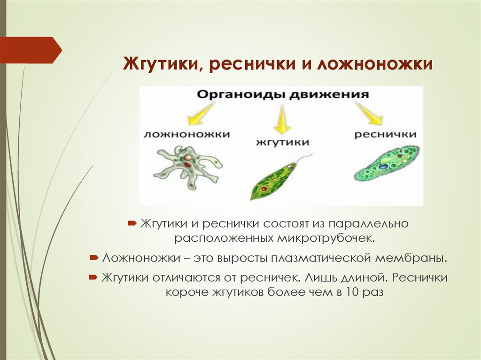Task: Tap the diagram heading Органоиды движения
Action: click(x=282, y=94)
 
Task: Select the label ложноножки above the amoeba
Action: click(x=186, y=134)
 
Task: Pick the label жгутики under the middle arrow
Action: click(x=282, y=142)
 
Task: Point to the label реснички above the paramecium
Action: click(x=385, y=134)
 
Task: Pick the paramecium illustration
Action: click(x=386, y=164)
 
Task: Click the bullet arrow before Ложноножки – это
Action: click(x=93, y=258)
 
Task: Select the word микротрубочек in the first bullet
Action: click(x=327, y=238)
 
